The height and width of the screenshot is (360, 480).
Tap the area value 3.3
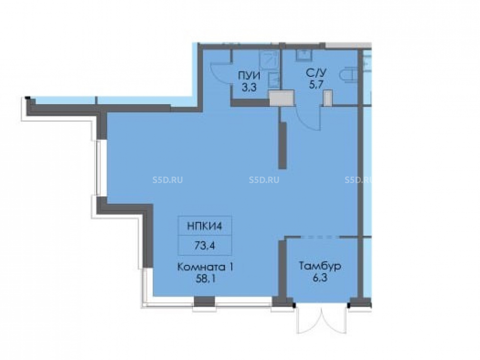(249, 88)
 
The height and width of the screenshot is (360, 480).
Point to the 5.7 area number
(316, 84)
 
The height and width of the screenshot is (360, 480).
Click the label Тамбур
(320, 266)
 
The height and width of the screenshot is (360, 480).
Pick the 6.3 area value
(320, 278)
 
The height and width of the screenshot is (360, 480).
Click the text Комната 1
(206, 267)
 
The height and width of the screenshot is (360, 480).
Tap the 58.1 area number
(205, 279)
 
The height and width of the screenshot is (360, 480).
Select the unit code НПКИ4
(204, 227)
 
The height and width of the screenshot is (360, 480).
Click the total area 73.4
(204, 245)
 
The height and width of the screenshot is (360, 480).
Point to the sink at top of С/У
(304, 55)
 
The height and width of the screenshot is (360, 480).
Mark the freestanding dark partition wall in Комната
(283, 145)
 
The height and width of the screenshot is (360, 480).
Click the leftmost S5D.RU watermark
(168, 180)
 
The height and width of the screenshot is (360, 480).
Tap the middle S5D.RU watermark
(264, 180)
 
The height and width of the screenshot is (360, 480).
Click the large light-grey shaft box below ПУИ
(281, 98)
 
